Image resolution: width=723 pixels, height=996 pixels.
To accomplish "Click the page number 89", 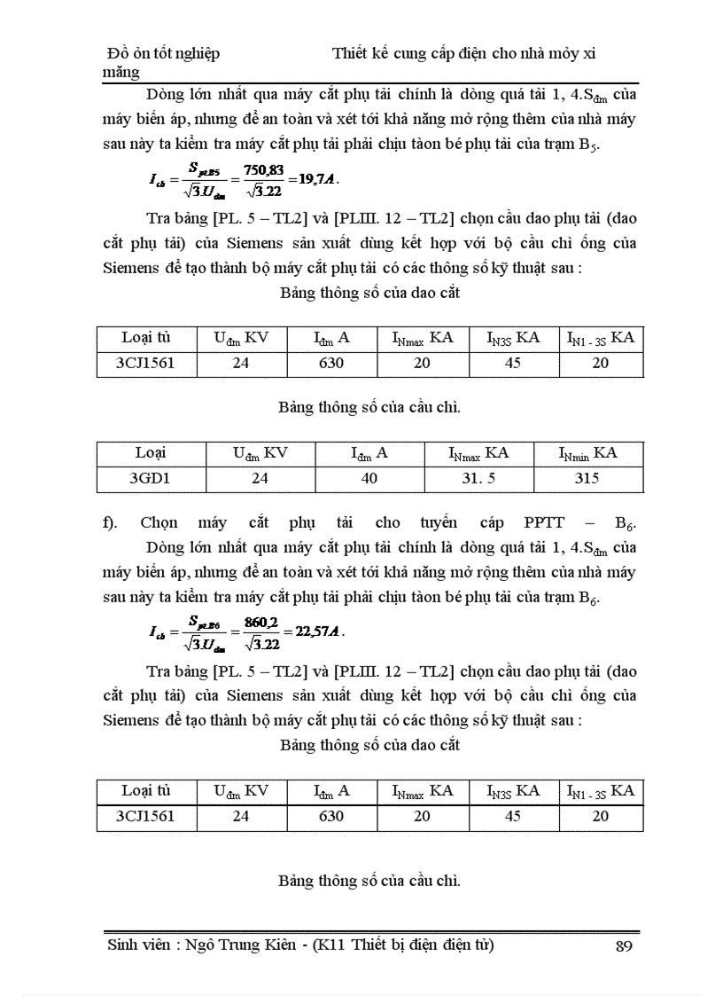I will coord(622,945).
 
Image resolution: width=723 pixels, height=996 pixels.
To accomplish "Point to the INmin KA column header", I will coord(587,453).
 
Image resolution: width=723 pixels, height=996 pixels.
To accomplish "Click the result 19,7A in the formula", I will coord(316,178).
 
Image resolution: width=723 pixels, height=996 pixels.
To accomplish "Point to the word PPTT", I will coord(549,522).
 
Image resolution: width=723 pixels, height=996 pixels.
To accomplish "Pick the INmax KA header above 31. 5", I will coord(478,453).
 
